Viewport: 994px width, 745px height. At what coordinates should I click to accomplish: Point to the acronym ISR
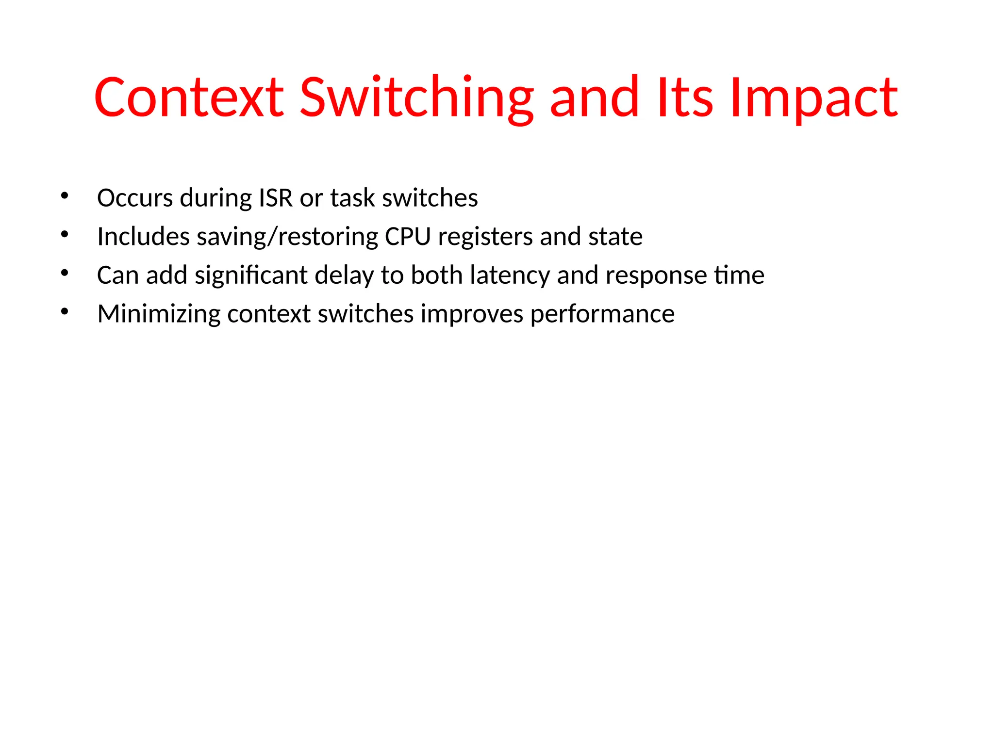point(276,198)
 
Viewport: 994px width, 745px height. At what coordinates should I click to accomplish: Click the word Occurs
point(135,198)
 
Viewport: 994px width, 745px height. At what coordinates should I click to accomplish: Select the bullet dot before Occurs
point(65,196)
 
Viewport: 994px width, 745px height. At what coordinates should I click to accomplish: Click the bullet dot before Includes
point(65,235)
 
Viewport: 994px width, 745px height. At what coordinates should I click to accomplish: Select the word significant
point(251,275)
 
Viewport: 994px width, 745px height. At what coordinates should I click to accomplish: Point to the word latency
point(510,275)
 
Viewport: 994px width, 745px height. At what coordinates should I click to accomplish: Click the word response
point(656,275)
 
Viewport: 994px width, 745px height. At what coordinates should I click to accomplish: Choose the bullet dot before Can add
point(65,273)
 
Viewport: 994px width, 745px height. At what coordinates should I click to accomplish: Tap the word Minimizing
point(159,314)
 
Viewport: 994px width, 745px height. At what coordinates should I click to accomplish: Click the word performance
point(602,314)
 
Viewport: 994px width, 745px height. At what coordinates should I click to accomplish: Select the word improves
point(472,314)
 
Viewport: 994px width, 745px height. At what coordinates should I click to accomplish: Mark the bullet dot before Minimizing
point(65,312)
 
